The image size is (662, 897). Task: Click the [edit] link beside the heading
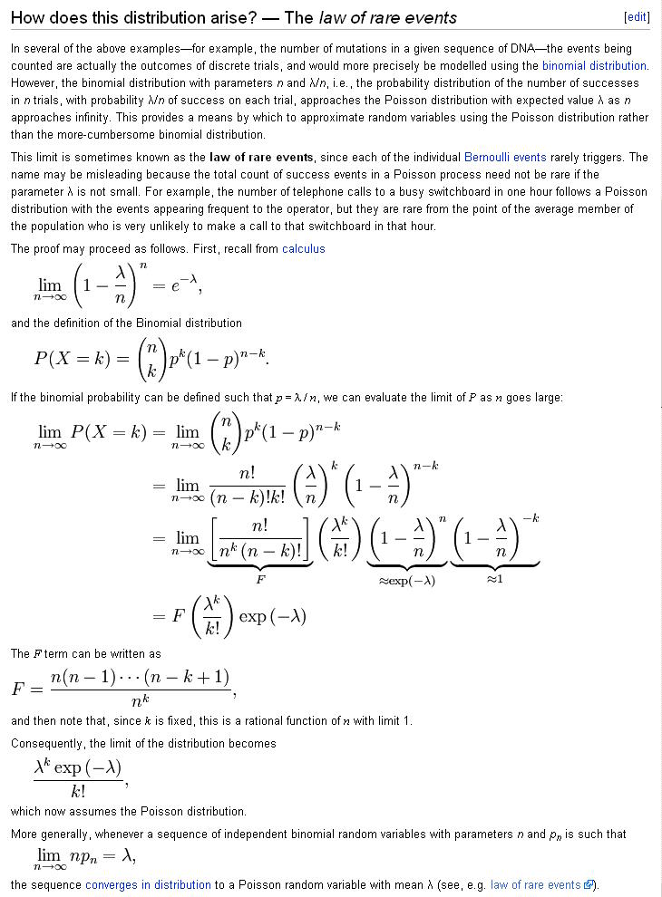(x=637, y=17)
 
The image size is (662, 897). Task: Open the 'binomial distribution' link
(x=594, y=65)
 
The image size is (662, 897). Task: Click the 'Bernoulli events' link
(x=505, y=157)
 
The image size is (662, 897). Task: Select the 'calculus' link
(x=303, y=248)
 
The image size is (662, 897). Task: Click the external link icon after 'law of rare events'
(x=589, y=884)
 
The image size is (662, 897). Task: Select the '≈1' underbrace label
(x=494, y=579)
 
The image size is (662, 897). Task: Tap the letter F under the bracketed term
(x=261, y=577)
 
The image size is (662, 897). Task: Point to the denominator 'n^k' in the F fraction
(x=141, y=701)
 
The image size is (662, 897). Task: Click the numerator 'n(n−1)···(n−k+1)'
(x=141, y=677)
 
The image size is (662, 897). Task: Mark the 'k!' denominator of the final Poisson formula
(x=77, y=790)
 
